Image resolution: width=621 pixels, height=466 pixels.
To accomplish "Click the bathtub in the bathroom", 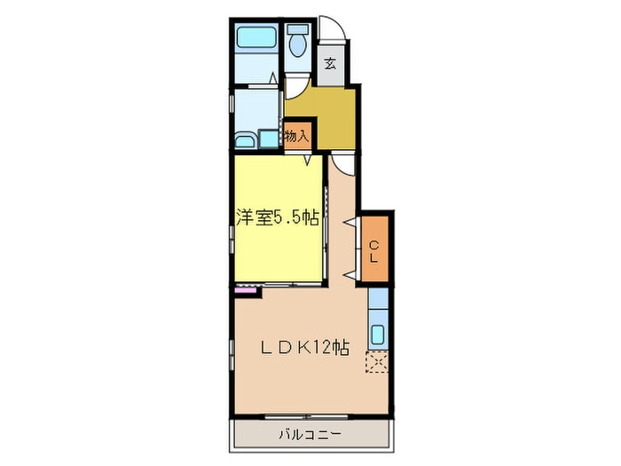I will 257,39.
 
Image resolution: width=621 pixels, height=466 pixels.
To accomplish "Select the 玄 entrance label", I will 330,63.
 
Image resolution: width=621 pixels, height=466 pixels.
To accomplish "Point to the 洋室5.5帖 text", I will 277,218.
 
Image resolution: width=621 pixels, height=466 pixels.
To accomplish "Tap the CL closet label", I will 374,251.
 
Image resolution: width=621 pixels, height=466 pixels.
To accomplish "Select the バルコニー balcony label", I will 310,434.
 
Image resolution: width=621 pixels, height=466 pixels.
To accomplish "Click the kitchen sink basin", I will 377,336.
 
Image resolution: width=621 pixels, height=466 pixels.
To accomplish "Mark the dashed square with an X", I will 377,363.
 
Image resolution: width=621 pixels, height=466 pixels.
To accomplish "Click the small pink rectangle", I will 242,289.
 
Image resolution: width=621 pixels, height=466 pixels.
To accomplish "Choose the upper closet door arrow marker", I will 359,221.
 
